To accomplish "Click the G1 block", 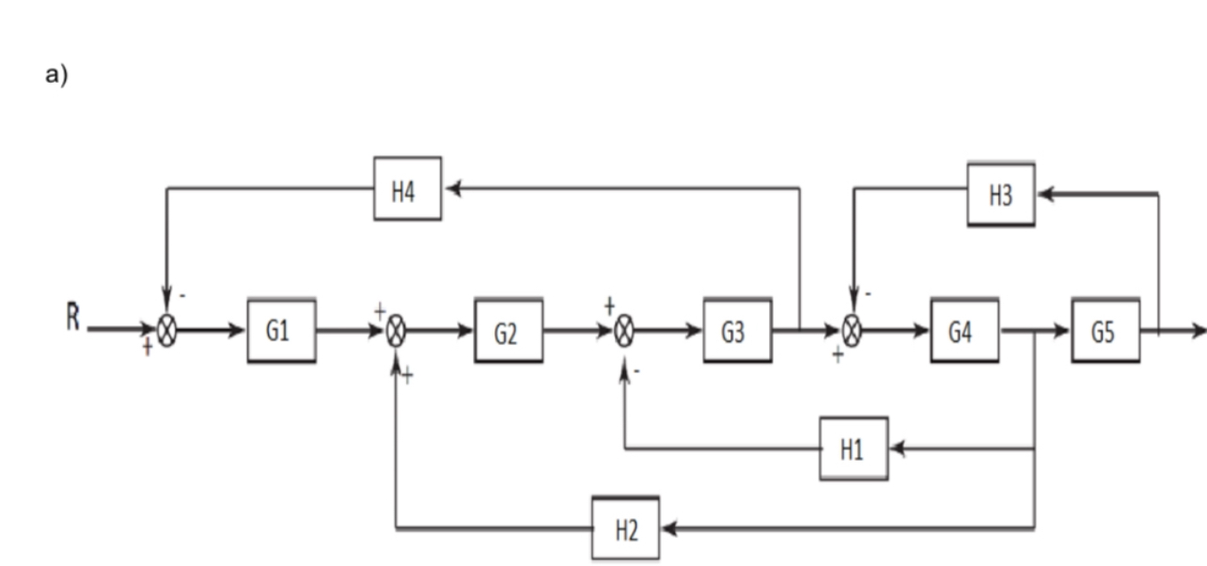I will [282, 331].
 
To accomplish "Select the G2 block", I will [509, 331].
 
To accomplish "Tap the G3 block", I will [737, 331].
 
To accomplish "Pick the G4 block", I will [964, 331].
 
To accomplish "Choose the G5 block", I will [1105, 331].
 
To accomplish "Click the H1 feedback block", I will [854, 448].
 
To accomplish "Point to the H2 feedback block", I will [626, 529].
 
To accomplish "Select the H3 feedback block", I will [1001, 194].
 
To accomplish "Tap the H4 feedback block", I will [407, 188].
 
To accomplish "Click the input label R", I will [72, 321].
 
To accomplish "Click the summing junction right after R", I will [166, 331].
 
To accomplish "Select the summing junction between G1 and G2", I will [396, 331].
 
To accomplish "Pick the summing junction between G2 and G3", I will [623, 331].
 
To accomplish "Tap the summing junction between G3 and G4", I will [852, 331].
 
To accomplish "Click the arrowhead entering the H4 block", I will [451, 188].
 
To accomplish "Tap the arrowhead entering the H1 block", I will [897, 448].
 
